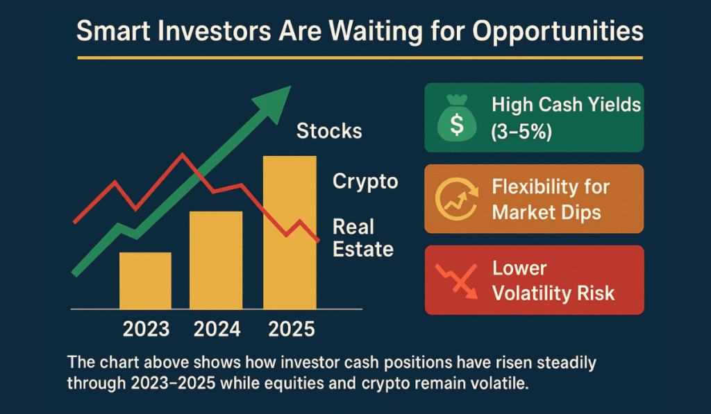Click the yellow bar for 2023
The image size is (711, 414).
click(145, 280)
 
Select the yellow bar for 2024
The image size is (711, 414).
click(215, 260)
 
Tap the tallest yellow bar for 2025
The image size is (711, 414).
click(290, 232)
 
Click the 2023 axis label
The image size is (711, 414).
click(147, 328)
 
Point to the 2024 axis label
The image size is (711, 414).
click(217, 328)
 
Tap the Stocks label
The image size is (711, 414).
click(329, 131)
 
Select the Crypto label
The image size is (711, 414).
click(365, 182)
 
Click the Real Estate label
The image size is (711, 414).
click(362, 238)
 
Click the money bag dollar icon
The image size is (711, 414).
click(456, 118)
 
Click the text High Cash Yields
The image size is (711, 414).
click(566, 105)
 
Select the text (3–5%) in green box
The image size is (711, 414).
click(521, 130)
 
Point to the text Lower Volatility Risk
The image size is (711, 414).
click(553, 280)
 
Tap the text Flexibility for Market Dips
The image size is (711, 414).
click(551, 199)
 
